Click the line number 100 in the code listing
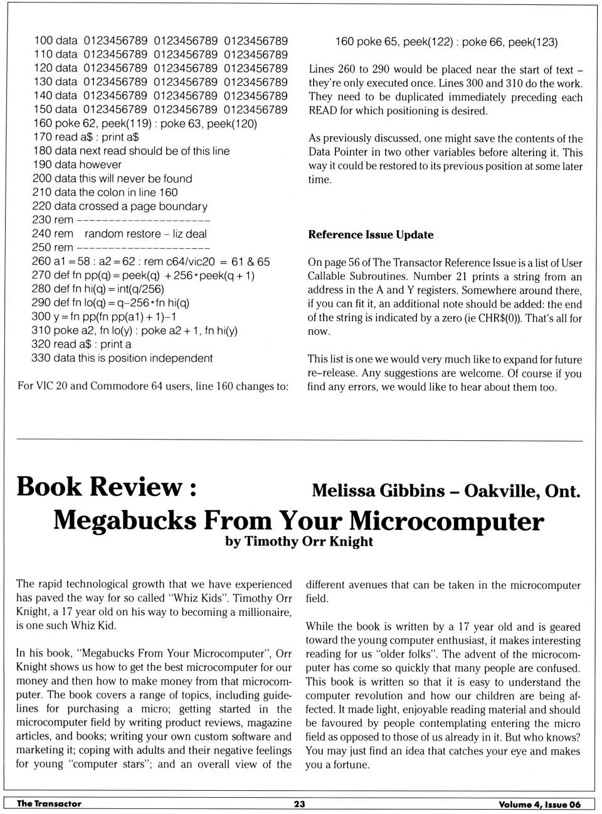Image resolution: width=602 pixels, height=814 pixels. click(x=43, y=41)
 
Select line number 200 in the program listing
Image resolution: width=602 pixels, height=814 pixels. click(x=41, y=179)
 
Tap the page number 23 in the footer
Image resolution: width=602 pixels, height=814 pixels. click(x=300, y=804)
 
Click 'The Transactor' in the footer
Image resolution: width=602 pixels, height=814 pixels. click(x=49, y=804)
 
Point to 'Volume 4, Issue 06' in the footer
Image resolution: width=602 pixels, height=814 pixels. click(x=539, y=805)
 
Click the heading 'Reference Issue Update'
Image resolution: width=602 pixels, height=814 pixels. click(x=371, y=235)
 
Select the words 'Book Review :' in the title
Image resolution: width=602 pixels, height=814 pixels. click(x=107, y=487)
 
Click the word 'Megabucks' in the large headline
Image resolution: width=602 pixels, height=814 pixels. click(x=125, y=521)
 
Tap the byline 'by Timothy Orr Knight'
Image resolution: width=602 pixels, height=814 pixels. click(x=299, y=542)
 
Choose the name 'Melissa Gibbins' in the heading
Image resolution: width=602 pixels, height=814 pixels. click(x=378, y=490)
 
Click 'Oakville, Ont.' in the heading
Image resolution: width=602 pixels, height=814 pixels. click(x=522, y=490)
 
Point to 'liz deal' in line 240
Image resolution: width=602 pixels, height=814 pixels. click(x=189, y=234)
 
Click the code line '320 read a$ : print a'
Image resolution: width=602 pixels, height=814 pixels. click(x=81, y=344)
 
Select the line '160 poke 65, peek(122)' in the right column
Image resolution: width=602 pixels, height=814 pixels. click(x=394, y=42)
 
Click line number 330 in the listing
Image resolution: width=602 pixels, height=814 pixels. click(x=41, y=358)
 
